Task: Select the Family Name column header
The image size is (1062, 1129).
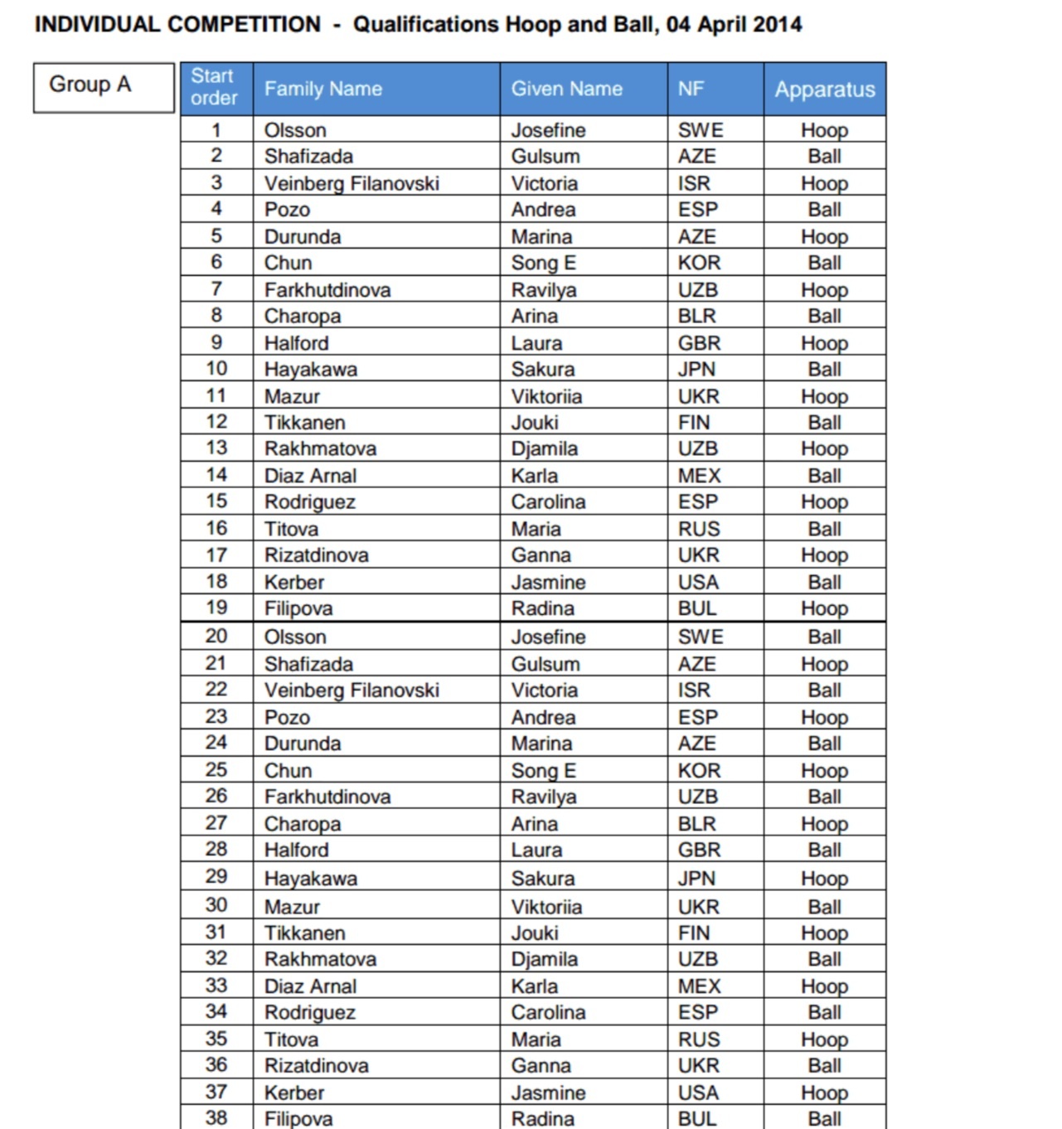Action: (x=323, y=89)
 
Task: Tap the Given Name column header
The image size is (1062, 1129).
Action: (x=566, y=89)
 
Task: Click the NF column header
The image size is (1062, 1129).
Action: (x=691, y=89)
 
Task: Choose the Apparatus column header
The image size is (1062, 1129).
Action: (x=825, y=90)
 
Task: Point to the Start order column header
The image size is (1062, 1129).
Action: (x=214, y=87)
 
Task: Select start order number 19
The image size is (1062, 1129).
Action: (x=216, y=608)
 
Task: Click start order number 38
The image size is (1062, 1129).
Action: (x=216, y=1117)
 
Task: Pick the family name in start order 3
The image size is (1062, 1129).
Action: (x=352, y=183)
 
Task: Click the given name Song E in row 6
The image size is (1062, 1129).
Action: (x=543, y=263)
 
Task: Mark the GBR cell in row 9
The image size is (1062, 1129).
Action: (x=699, y=343)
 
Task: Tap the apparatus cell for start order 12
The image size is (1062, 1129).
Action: (x=824, y=423)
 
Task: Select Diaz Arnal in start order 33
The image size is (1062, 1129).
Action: (x=310, y=986)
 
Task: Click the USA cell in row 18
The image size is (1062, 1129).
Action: (x=698, y=582)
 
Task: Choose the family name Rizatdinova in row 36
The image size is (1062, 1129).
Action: (x=316, y=1065)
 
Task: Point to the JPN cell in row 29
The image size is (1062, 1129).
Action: (x=696, y=878)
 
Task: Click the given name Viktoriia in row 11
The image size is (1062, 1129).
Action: (x=546, y=396)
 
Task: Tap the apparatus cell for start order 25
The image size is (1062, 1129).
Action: (x=824, y=770)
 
